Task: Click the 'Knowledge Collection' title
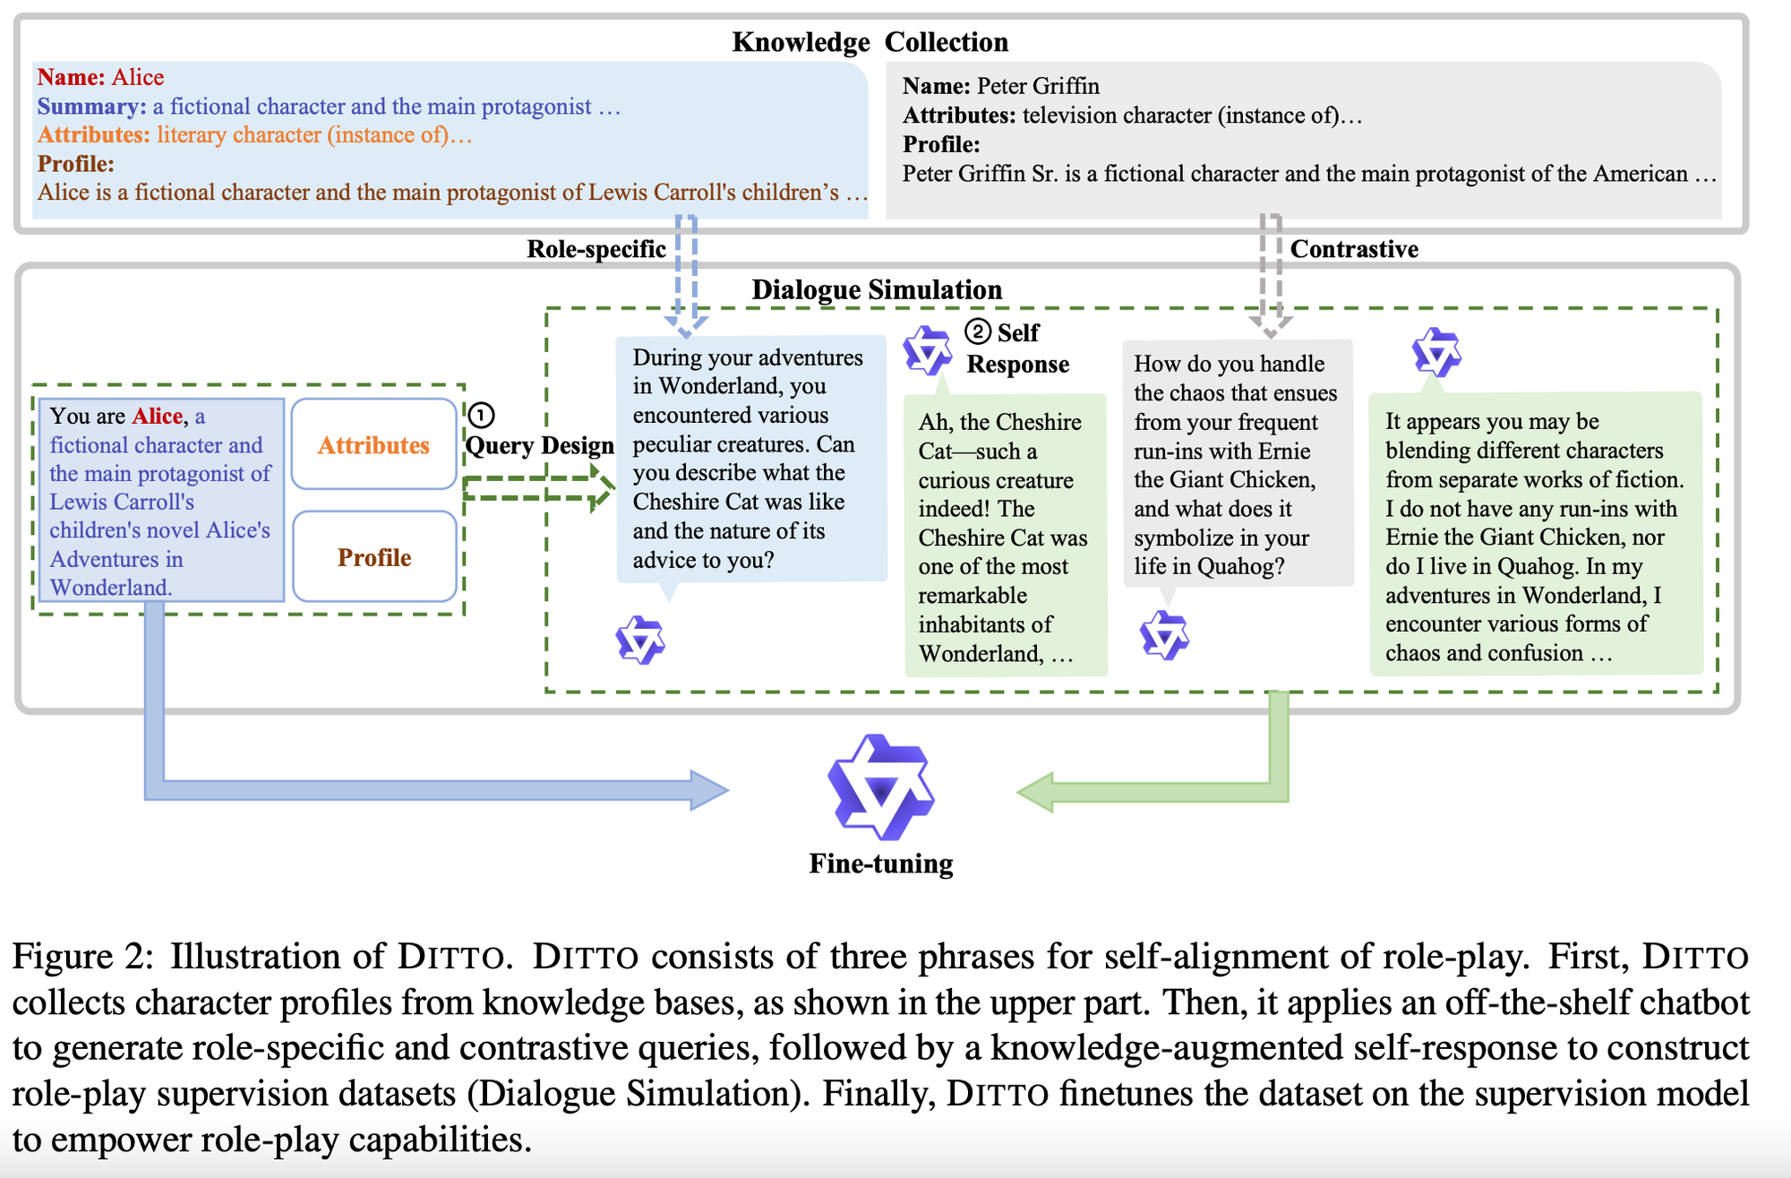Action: tap(870, 42)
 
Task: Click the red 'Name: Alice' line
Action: tap(100, 77)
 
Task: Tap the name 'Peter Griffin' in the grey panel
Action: tap(1038, 86)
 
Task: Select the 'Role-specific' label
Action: tap(596, 249)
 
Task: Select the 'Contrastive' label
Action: tap(1354, 249)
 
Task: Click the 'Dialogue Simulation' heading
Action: tap(876, 289)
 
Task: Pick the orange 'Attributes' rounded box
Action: tap(373, 445)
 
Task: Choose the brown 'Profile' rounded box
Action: tap(373, 557)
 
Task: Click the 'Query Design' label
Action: tap(539, 445)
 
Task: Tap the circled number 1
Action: tap(481, 415)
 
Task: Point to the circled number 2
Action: tap(978, 332)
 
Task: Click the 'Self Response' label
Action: tap(1018, 348)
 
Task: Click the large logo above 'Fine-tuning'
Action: tap(881, 787)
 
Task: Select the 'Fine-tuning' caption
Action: tap(881, 864)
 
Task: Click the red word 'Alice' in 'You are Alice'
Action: tap(158, 417)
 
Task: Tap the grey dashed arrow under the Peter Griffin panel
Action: tap(1271, 273)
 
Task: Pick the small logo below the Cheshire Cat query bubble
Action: tap(640, 640)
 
